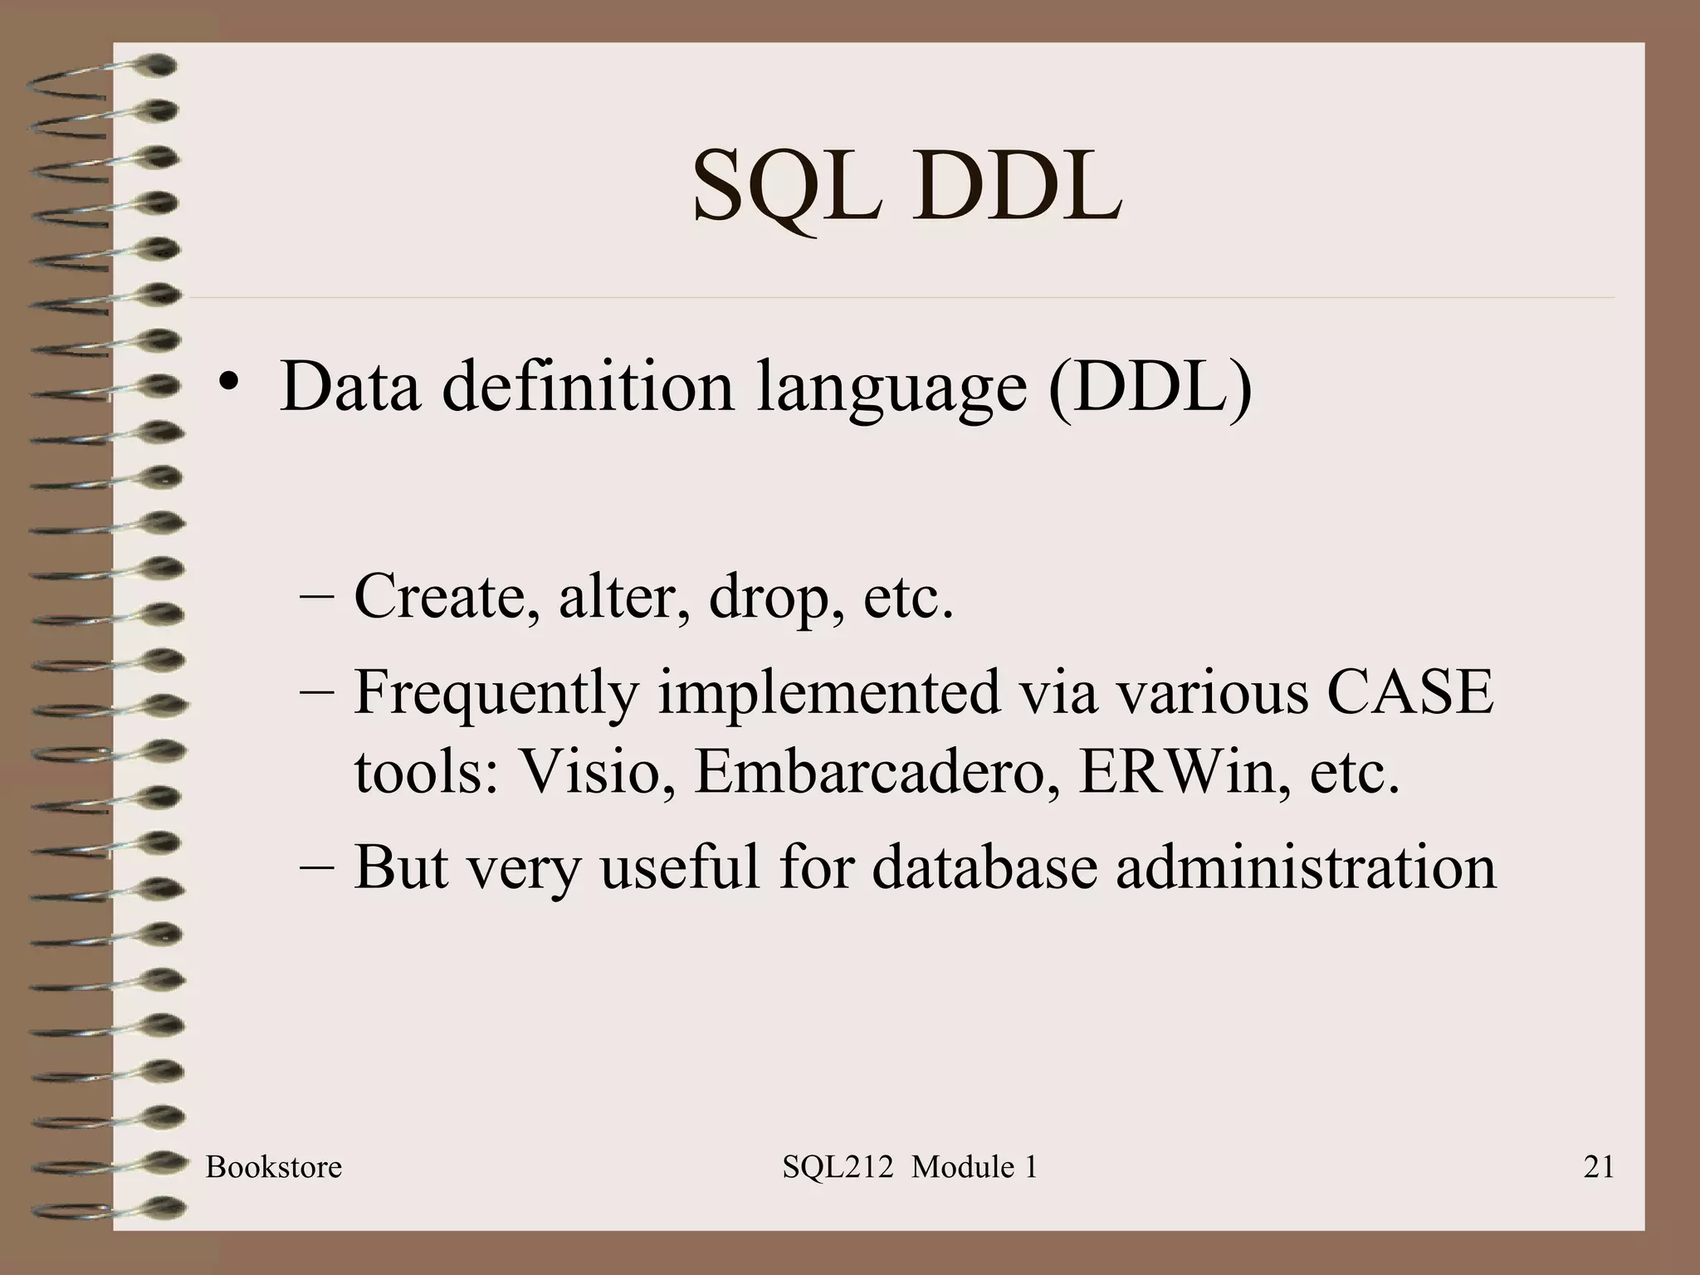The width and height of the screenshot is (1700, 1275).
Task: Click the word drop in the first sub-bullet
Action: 769,598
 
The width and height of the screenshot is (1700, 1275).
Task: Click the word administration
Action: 1305,867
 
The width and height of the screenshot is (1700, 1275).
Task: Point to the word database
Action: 983,867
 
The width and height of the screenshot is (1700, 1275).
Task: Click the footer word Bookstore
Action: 273,1167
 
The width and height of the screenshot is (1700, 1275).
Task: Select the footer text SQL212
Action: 837,1167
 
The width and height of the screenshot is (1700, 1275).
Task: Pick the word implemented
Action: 828,694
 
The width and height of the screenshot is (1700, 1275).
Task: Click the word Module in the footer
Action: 962,1167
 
